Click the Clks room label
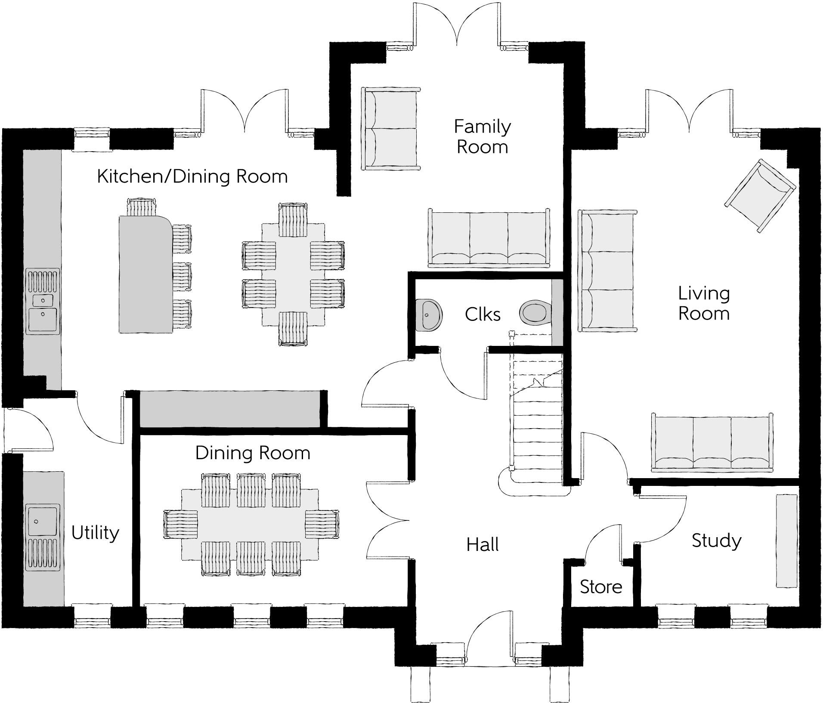(x=483, y=315)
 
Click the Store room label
(x=601, y=587)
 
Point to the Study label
(x=717, y=541)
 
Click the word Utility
(x=95, y=533)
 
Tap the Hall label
(x=483, y=545)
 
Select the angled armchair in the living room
(x=760, y=195)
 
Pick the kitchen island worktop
(x=144, y=274)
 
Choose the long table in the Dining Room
(x=251, y=524)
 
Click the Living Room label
(x=704, y=303)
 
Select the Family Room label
(x=482, y=137)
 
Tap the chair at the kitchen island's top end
(x=141, y=206)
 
